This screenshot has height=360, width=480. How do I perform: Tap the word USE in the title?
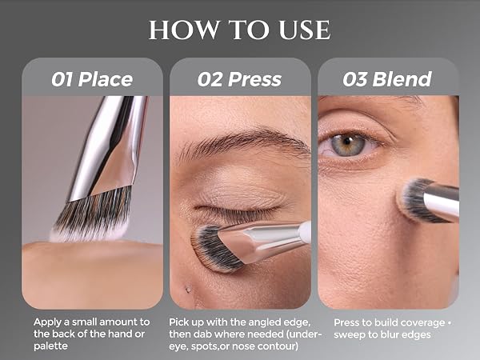tap(305, 30)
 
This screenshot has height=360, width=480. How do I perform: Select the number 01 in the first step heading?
tap(62, 79)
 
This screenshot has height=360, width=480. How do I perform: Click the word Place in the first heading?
tap(106, 79)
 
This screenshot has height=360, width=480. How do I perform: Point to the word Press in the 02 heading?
tap(254, 79)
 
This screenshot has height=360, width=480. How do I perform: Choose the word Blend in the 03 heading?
tap(402, 79)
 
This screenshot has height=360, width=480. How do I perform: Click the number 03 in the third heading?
tap(354, 79)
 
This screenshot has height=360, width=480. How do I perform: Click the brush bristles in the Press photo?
tap(214, 249)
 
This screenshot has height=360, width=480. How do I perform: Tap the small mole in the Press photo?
tap(188, 289)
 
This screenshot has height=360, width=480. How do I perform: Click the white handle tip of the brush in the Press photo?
tap(304, 232)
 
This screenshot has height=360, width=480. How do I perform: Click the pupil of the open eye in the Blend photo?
tap(347, 141)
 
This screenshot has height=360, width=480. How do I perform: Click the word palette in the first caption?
tap(50, 346)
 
